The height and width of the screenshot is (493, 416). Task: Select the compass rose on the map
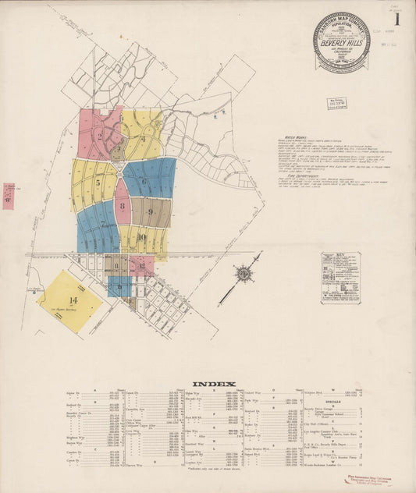pyautogui.click(x=243, y=275)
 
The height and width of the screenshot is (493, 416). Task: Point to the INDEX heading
pyautogui.click(x=208, y=383)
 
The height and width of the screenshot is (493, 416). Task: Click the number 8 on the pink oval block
pyautogui.click(x=123, y=207)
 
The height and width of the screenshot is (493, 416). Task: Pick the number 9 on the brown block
pyautogui.click(x=149, y=211)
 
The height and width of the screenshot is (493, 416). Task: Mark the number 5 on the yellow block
pyautogui.click(x=98, y=183)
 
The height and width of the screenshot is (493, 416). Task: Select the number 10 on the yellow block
pyautogui.click(x=141, y=237)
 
